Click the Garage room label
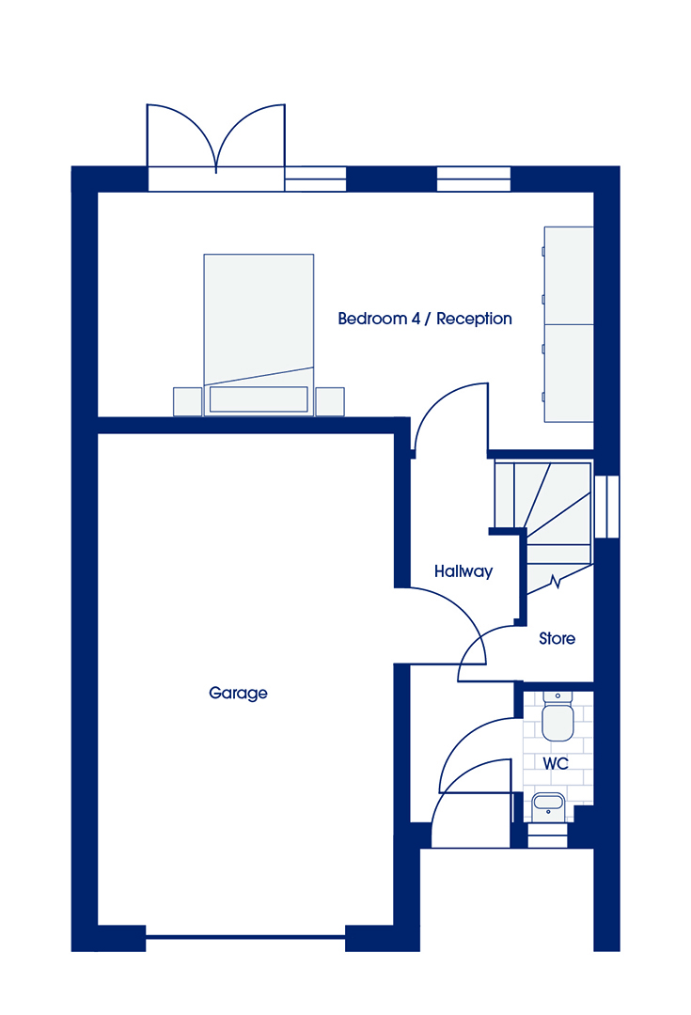click(x=238, y=694)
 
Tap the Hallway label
click(x=463, y=571)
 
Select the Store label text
click(x=557, y=639)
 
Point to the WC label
click(x=556, y=764)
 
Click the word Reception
click(x=474, y=320)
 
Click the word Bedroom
click(x=373, y=319)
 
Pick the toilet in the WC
click(x=558, y=716)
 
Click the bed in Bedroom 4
click(x=259, y=335)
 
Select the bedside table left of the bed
click(x=188, y=401)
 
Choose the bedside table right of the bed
click(x=330, y=401)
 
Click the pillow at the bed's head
click(x=259, y=399)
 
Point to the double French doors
click(x=216, y=148)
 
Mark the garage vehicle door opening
click(x=245, y=936)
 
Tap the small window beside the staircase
click(x=606, y=507)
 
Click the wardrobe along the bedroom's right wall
click(x=569, y=324)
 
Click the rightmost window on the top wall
click(x=474, y=180)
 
